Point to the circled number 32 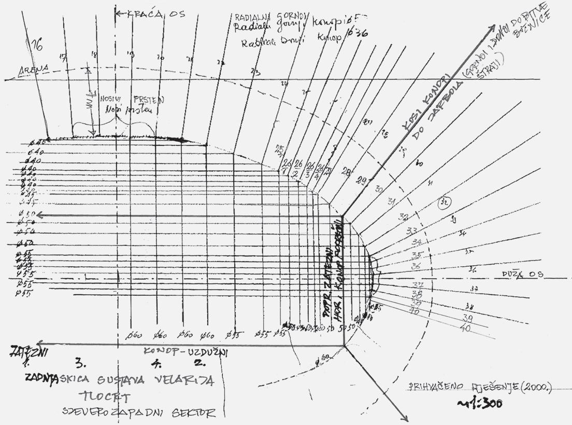[444, 202]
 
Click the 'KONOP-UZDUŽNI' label [187, 352]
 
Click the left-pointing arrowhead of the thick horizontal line [39, 215]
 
